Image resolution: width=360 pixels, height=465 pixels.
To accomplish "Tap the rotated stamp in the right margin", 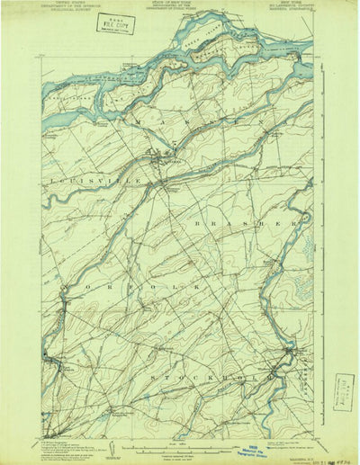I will click(x=343, y=390).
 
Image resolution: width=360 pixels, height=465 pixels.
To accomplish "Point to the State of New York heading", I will click(x=180, y=9).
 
